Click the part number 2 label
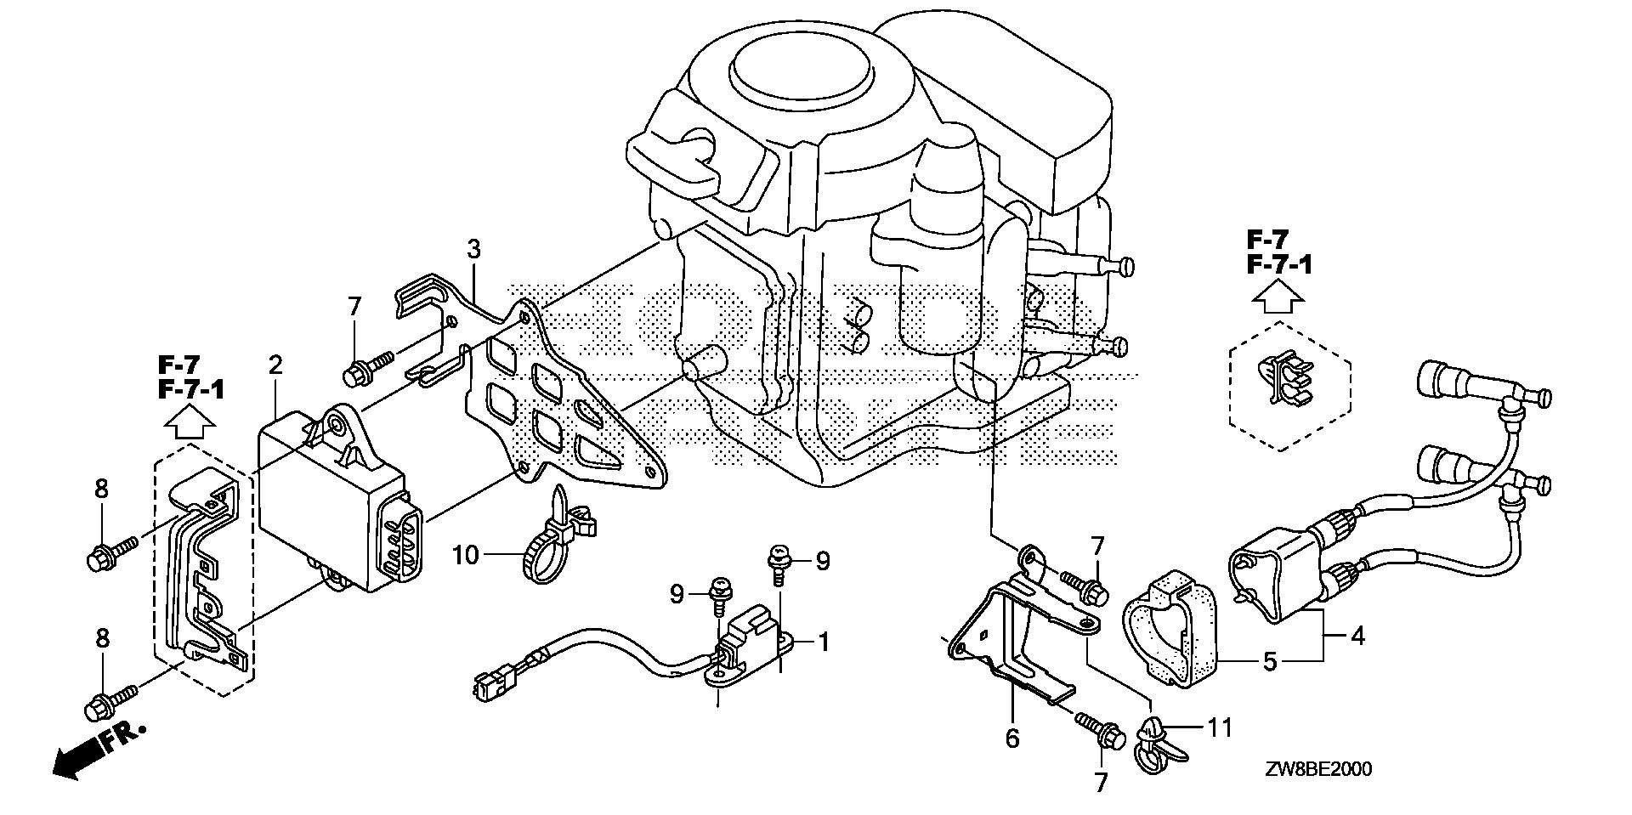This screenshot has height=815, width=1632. pyautogui.click(x=275, y=365)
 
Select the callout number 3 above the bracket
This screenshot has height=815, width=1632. pyautogui.click(x=474, y=250)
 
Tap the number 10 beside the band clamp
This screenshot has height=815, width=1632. pyautogui.click(x=466, y=556)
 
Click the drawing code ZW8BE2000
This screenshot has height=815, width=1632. pyautogui.click(x=1317, y=770)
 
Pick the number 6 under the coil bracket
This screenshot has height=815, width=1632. pyautogui.click(x=1011, y=739)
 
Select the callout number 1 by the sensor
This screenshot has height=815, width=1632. pyautogui.click(x=822, y=642)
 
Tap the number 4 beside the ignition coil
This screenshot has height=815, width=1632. pyautogui.click(x=1357, y=635)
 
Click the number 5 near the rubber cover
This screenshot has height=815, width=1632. pyautogui.click(x=1269, y=661)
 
